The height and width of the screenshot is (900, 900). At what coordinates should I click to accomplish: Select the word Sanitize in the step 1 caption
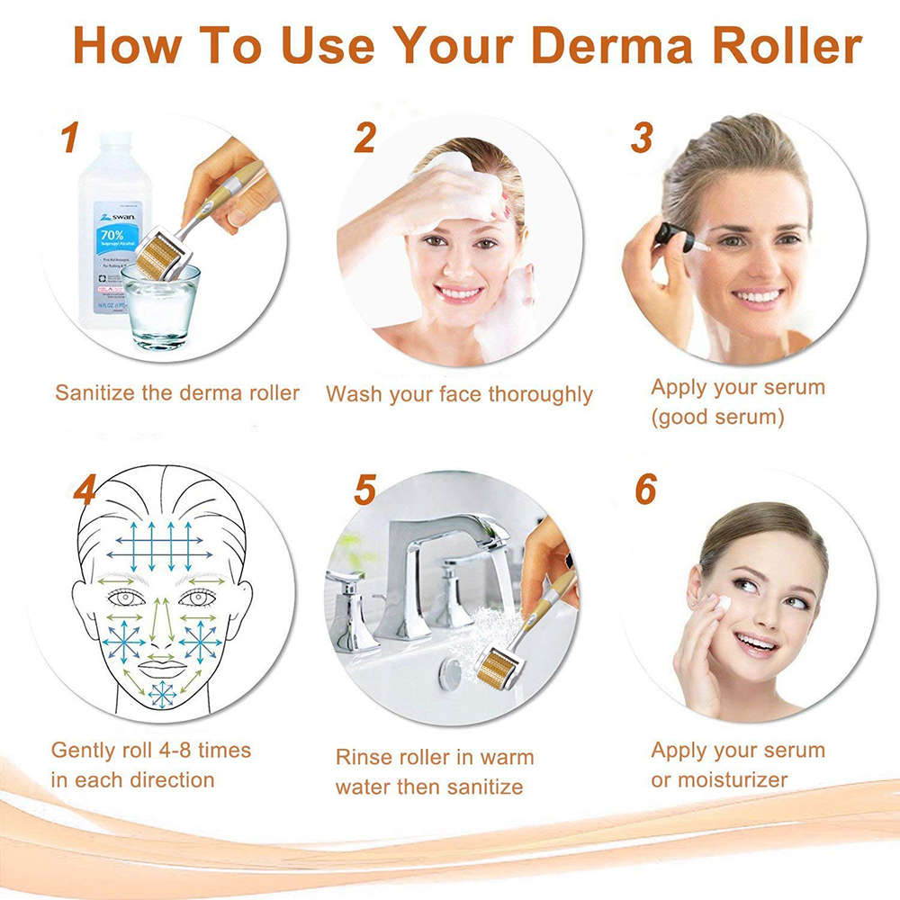point(94,392)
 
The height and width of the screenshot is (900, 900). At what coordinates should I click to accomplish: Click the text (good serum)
point(717,418)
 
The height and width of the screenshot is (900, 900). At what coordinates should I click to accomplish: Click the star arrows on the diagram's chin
point(163,694)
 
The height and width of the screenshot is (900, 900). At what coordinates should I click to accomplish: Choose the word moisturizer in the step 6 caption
point(731,779)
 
